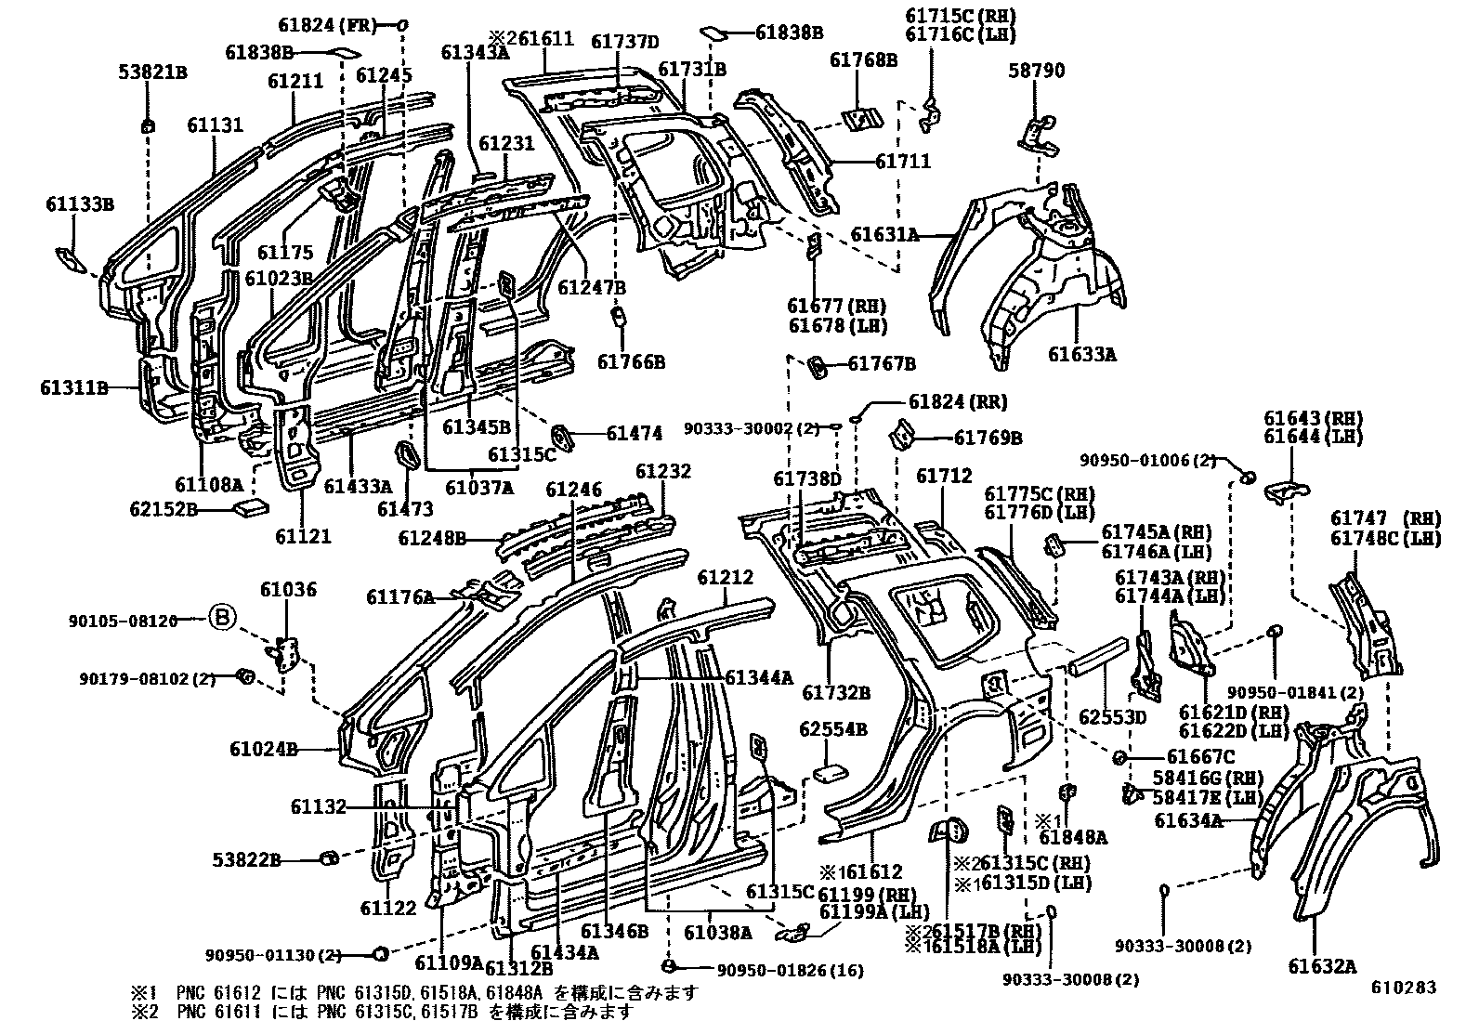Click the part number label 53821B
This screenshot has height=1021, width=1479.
153,71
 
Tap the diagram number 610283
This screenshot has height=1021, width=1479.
1405,988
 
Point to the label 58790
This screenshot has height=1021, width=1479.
1038,71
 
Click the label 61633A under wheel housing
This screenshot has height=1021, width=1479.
1082,354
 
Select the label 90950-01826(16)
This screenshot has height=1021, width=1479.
791,971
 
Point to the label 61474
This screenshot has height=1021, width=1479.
635,433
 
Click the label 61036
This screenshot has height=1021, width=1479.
288,589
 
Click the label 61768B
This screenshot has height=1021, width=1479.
863,60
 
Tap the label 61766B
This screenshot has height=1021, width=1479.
631,362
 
